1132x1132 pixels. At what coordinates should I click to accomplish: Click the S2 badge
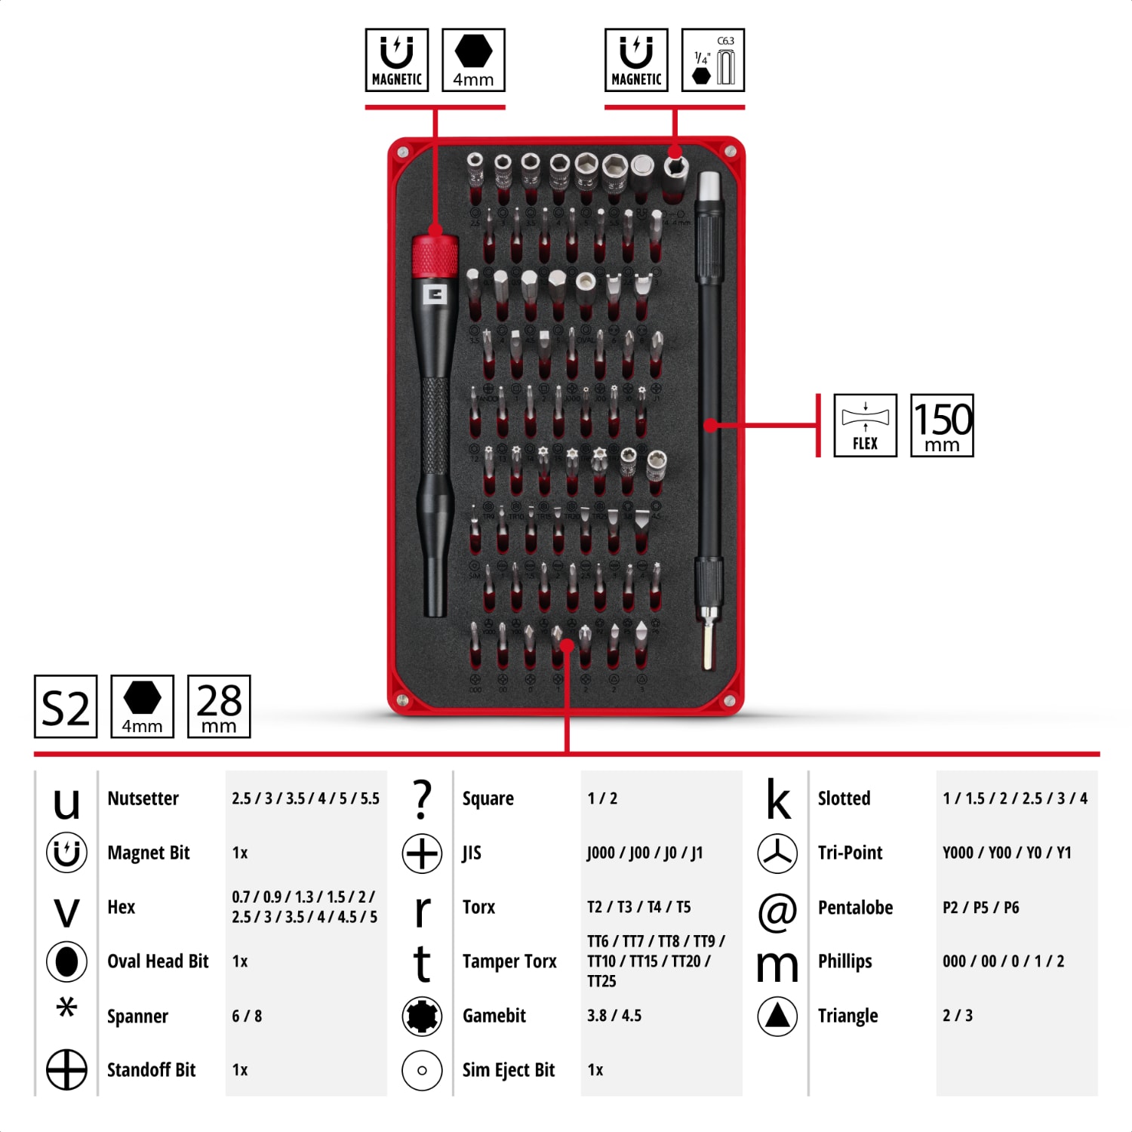pyautogui.click(x=66, y=706)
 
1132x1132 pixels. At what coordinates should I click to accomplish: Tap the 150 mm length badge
pyautogui.click(x=942, y=426)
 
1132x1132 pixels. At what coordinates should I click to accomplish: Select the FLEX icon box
pyautogui.click(x=865, y=426)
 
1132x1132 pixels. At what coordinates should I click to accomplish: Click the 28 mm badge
pyautogui.click(x=219, y=706)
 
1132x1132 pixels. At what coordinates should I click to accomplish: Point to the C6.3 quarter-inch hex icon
pyautogui.click(x=712, y=60)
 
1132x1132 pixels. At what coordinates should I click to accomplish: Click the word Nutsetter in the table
pyautogui.click(x=143, y=798)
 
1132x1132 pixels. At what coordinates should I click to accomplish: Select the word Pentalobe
pyautogui.click(x=855, y=907)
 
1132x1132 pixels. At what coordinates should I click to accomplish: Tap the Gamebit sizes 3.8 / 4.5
pyautogui.click(x=614, y=1016)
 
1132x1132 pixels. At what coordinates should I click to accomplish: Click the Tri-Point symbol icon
pyautogui.click(x=777, y=854)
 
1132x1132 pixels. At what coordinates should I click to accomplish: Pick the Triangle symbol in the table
pyautogui.click(x=777, y=1016)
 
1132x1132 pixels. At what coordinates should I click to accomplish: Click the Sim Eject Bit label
pyautogui.click(x=508, y=1070)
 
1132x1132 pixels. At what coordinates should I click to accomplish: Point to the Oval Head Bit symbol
pyautogui.click(x=66, y=961)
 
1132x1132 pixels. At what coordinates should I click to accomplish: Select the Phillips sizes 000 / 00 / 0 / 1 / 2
pyautogui.click(x=1003, y=961)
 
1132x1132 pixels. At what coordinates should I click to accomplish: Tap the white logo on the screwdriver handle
pyautogui.click(x=435, y=294)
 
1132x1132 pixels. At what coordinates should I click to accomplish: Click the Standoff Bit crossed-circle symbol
pyautogui.click(x=66, y=1070)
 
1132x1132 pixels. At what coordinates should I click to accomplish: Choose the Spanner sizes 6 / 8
pyautogui.click(x=247, y=1016)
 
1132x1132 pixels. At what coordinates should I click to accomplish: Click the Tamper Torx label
pyautogui.click(x=509, y=961)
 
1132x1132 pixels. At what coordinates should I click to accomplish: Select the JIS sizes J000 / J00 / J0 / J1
pyautogui.click(x=644, y=853)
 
